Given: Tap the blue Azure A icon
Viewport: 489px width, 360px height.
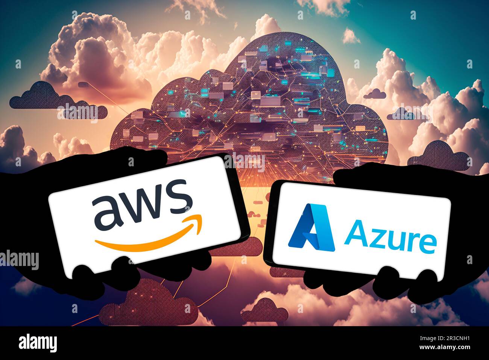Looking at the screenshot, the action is (311, 227).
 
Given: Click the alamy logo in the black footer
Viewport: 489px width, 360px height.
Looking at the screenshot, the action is (38, 343).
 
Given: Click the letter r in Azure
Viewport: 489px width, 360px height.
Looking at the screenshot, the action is (411, 241).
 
